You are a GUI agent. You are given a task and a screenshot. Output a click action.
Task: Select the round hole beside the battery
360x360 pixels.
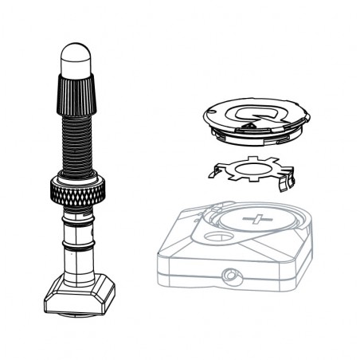(214, 237)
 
